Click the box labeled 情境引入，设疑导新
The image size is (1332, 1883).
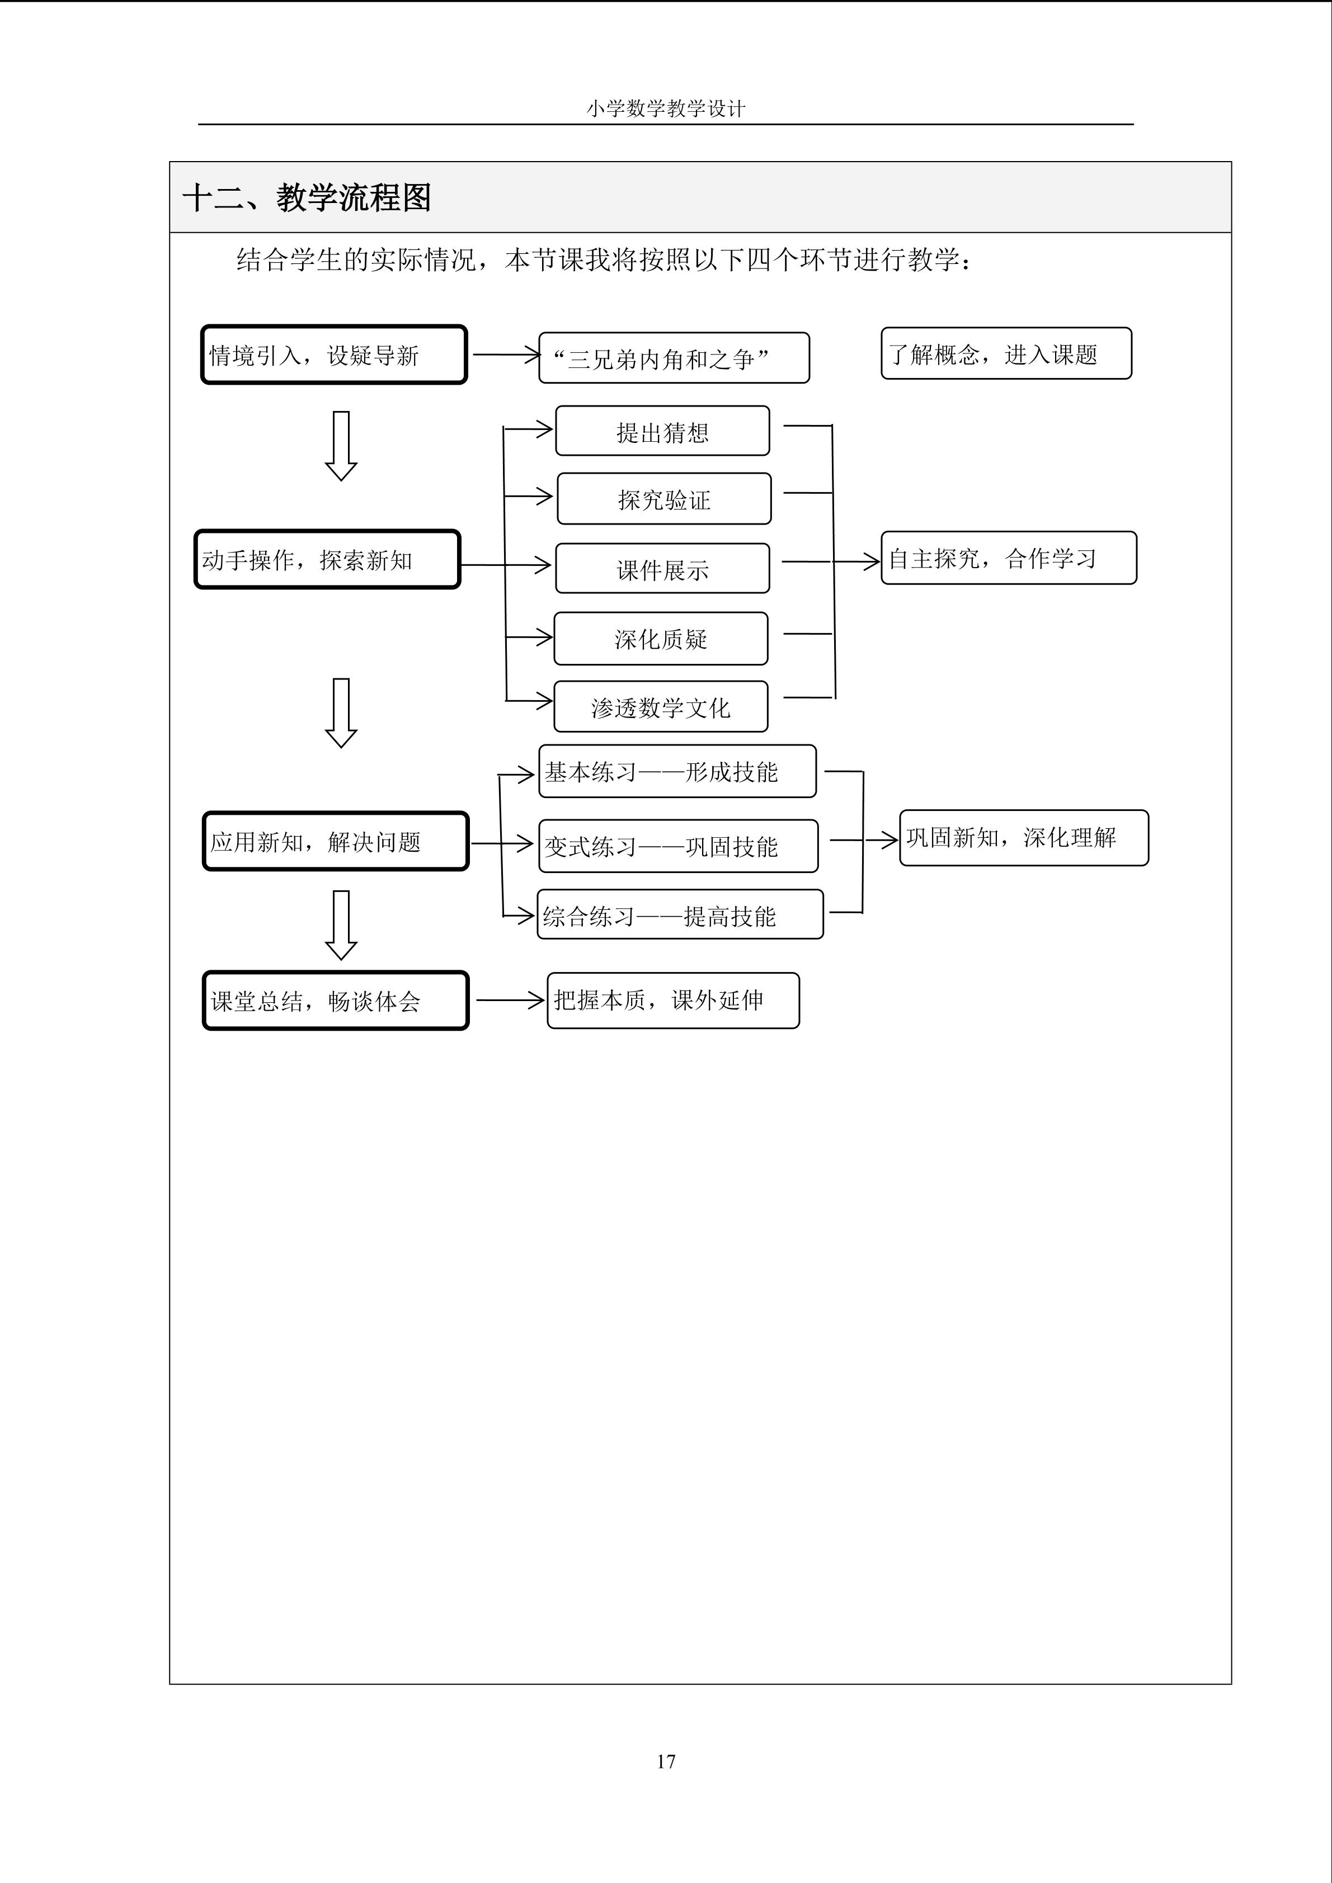(x=334, y=355)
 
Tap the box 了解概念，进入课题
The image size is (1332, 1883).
(x=1005, y=353)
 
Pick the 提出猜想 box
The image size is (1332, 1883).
(x=662, y=431)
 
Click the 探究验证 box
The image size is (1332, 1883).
(x=663, y=499)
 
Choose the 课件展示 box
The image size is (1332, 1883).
(x=662, y=568)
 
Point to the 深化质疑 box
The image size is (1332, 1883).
(x=660, y=638)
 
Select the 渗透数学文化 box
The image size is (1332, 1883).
(x=660, y=706)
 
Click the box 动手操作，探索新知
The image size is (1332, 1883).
(x=327, y=559)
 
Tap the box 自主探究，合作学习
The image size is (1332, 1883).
(x=1008, y=558)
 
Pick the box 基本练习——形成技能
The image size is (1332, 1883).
(x=677, y=771)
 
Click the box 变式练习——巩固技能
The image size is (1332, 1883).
(x=677, y=846)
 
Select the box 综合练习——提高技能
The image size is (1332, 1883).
(x=679, y=914)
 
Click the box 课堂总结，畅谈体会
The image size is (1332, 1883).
(x=336, y=1001)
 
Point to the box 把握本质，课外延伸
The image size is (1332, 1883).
(x=672, y=1001)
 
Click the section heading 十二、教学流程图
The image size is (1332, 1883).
(x=307, y=197)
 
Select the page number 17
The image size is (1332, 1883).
(x=666, y=1761)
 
